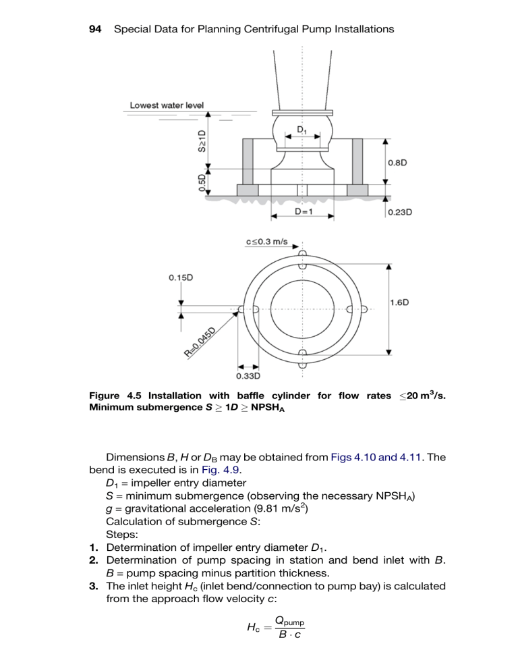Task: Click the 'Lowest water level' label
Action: (167, 105)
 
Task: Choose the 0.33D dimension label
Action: (250, 375)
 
